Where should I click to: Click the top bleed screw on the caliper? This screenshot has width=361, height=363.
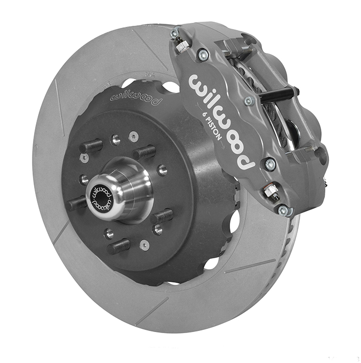(x=181, y=44)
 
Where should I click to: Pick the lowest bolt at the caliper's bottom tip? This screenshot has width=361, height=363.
(x=282, y=210)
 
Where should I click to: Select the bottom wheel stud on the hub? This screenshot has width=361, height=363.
(x=118, y=246)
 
